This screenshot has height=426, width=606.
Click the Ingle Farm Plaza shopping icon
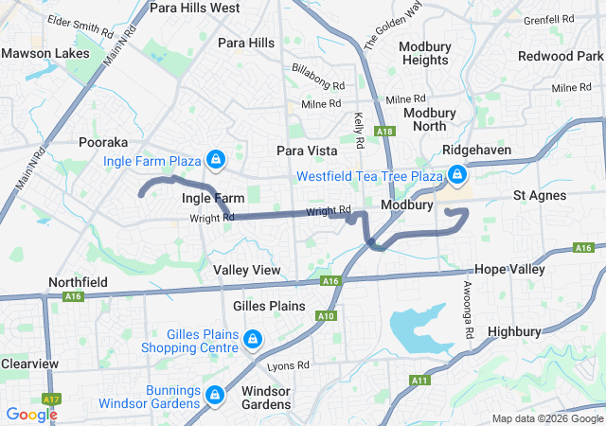[215, 158]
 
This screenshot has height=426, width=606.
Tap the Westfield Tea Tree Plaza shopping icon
[457, 174]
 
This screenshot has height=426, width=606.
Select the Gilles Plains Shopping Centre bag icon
[253, 339]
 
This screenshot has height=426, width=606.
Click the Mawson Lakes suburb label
[38, 53]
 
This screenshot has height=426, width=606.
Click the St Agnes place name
[540, 195]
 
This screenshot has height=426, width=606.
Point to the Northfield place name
[78, 282]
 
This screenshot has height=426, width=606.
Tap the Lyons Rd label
[289, 365]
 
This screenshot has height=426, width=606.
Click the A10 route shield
[325, 314]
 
